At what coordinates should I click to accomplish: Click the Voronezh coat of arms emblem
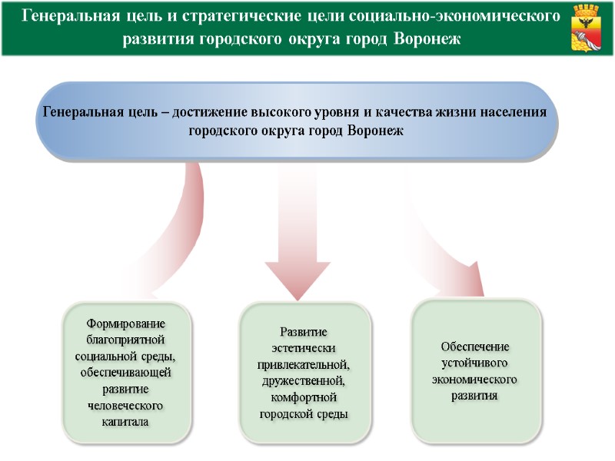(589, 28)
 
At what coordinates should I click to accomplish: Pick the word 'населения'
(514, 112)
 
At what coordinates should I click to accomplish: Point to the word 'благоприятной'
(126, 340)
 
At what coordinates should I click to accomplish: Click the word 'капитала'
(126, 422)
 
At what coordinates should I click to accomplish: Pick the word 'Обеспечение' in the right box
(475, 346)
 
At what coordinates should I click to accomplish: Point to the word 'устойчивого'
(475, 363)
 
